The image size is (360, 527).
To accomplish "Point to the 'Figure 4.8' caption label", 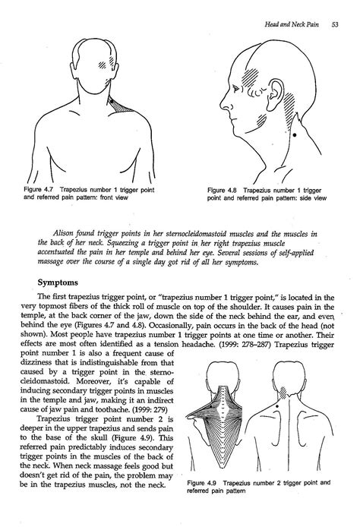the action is point(223,190).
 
